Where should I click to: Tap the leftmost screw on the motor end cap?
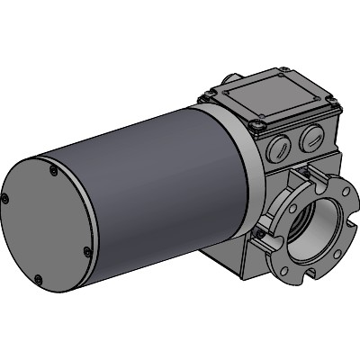[x=6, y=199]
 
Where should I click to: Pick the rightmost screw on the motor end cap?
[x=86, y=251]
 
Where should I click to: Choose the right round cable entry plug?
[x=311, y=138]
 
